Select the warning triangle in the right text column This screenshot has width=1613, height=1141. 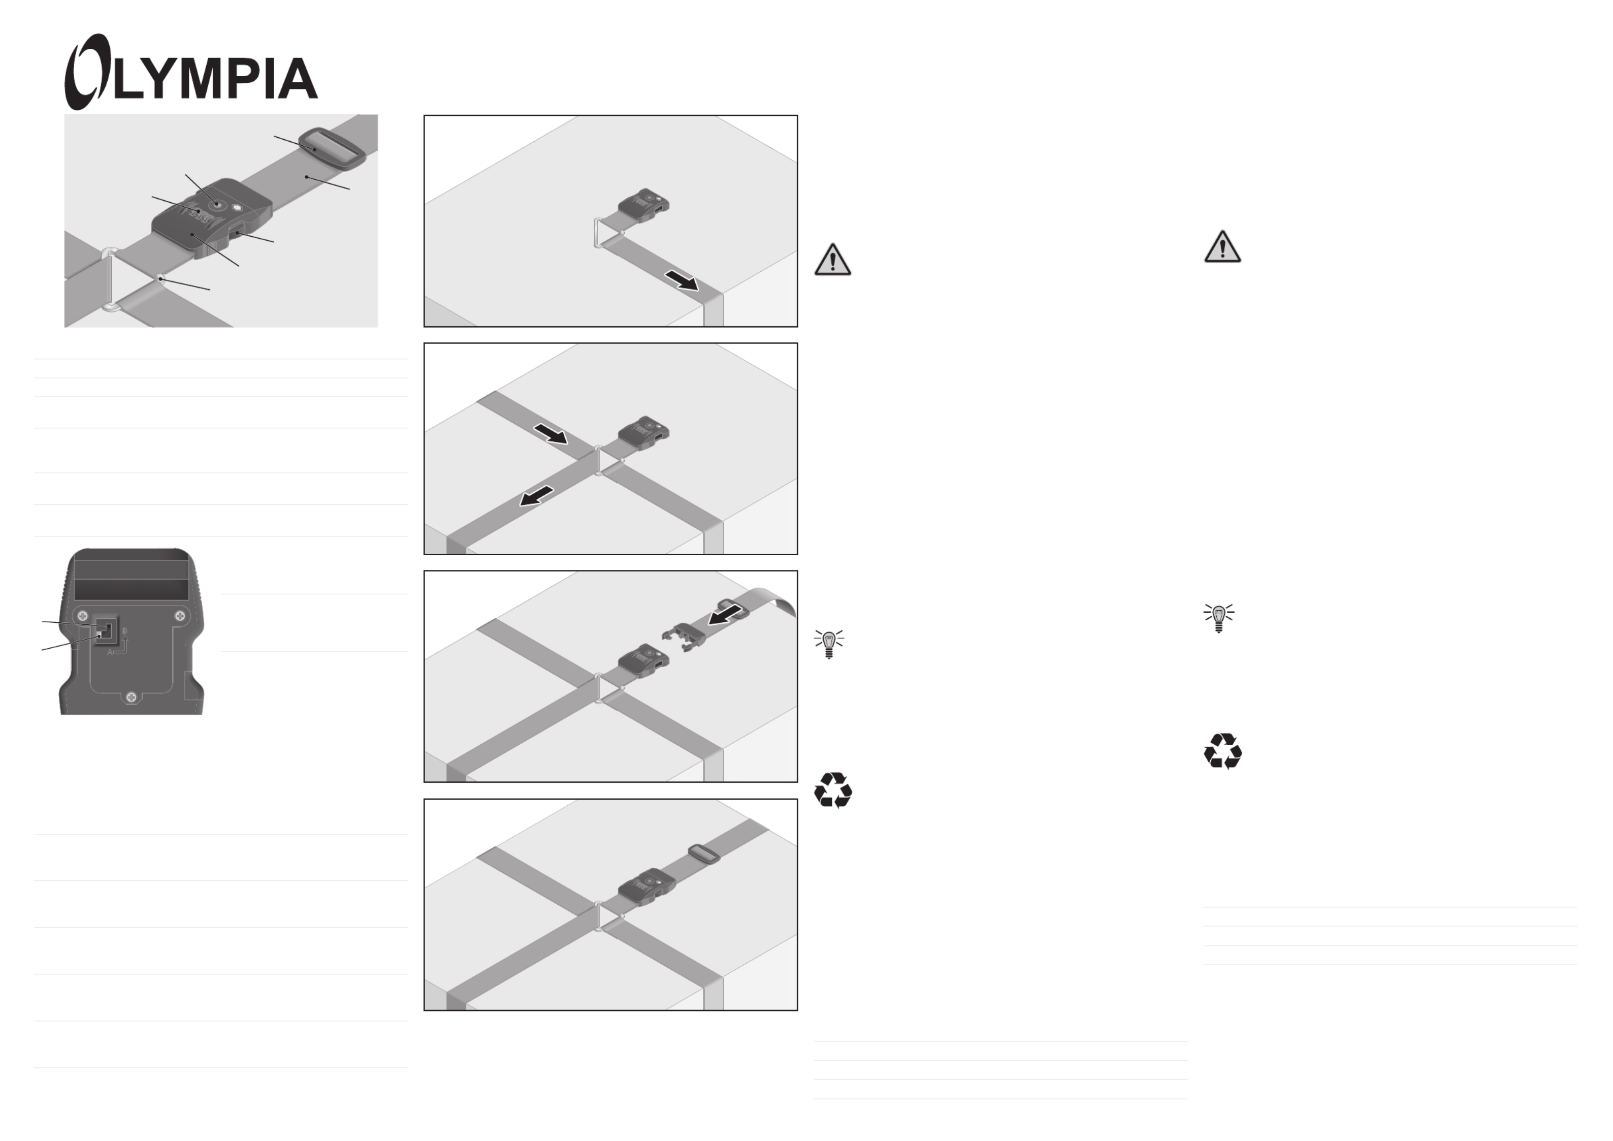click(x=1222, y=246)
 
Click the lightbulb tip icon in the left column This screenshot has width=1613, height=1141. click(x=829, y=643)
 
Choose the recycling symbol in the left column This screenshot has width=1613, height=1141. click(x=833, y=790)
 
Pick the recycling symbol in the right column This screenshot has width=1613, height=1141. click(x=1222, y=751)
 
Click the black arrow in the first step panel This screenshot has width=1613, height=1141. click(x=682, y=280)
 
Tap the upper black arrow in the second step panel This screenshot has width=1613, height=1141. click(x=551, y=433)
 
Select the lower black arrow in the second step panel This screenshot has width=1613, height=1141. click(x=537, y=496)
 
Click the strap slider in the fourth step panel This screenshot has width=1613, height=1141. click(x=703, y=855)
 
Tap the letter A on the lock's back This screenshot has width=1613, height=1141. click(x=110, y=652)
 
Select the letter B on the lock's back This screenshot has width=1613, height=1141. click(x=125, y=631)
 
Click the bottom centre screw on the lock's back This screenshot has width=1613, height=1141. click(x=130, y=698)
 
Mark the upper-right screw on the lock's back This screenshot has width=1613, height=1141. click(x=181, y=616)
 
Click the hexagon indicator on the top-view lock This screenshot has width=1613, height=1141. click(x=237, y=207)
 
